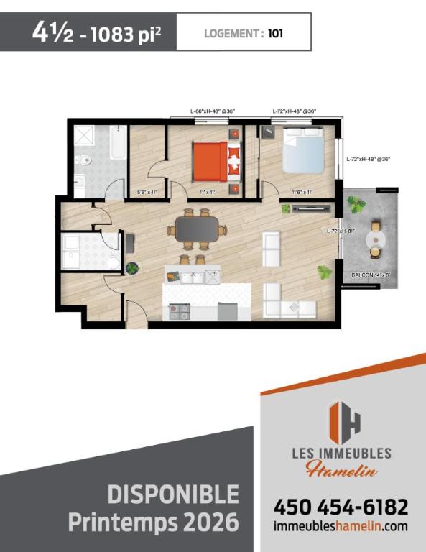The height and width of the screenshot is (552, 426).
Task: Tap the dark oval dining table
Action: [x=195, y=229]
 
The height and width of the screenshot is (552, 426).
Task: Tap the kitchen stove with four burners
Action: [x=179, y=311]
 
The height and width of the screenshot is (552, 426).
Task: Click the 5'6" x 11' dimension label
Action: [x=147, y=192]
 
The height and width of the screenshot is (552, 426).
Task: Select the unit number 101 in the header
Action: [x=274, y=32]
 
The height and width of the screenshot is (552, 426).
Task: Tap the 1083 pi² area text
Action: [x=126, y=33]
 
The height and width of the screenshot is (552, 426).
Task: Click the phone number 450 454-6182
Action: [x=341, y=506]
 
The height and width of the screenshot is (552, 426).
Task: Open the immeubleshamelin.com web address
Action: [x=341, y=527]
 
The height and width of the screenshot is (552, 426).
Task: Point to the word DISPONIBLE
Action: [x=172, y=494]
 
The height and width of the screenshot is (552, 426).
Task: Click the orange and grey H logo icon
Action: [x=343, y=423]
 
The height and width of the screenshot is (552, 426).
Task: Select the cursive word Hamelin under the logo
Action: [x=341, y=471]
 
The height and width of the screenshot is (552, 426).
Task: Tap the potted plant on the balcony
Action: [x=356, y=206]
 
